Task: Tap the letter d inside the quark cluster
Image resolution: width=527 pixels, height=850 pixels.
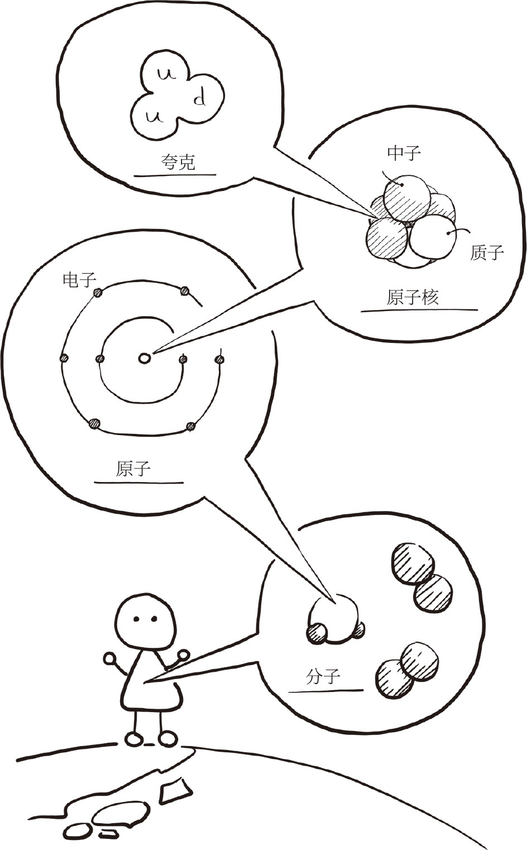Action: [x=200, y=99]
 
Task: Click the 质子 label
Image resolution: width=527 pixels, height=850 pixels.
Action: [x=487, y=252]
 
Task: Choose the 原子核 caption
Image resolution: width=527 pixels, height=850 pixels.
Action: [x=413, y=297]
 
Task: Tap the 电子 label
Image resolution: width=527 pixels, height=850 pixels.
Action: [x=79, y=279]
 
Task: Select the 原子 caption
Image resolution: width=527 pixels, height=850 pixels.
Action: [x=133, y=468]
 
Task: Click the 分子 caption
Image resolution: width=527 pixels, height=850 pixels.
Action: [x=323, y=677]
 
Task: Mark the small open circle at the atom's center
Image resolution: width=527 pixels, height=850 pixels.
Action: [x=144, y=358]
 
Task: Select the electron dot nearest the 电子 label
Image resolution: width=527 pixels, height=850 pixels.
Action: [x=98, y=292]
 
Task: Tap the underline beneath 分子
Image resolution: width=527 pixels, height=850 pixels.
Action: [x=325, y=691]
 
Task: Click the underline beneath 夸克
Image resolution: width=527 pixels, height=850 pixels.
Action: [x=174, y=175]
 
